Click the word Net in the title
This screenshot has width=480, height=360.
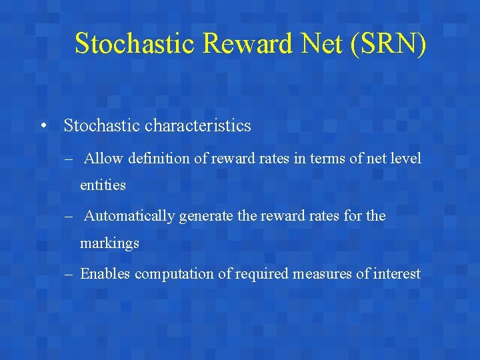coord(315,43)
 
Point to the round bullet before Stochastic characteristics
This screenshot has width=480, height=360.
coord(43,125)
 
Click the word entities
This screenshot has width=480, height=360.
coord(103,185)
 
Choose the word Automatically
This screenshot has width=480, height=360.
coord(130,216)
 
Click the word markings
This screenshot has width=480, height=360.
coord(109,243)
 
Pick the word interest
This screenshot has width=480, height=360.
coord(397,273)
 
